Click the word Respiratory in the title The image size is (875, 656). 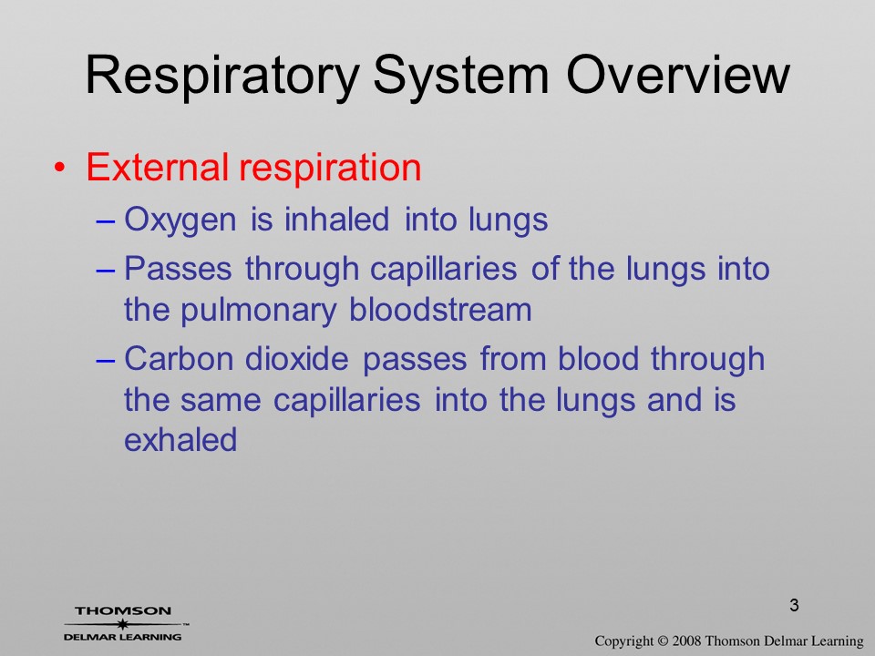pos(222,77)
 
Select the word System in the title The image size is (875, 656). pos(461,77)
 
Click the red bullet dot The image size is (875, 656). pos(60,168)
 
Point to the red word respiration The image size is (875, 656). pos(330,169)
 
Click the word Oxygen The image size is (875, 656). pos(180,220)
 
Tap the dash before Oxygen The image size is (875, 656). pos(106,220)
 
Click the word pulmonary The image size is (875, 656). pos(258,312)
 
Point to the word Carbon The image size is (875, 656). pos(179,358)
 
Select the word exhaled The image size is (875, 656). pos(180,439)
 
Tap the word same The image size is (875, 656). pos(221,401)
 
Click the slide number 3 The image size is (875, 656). pos(794,605)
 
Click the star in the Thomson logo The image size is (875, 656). pos(123,624)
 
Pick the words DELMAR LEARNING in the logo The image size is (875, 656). pos(123,637)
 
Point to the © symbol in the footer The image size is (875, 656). pos(663,641)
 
